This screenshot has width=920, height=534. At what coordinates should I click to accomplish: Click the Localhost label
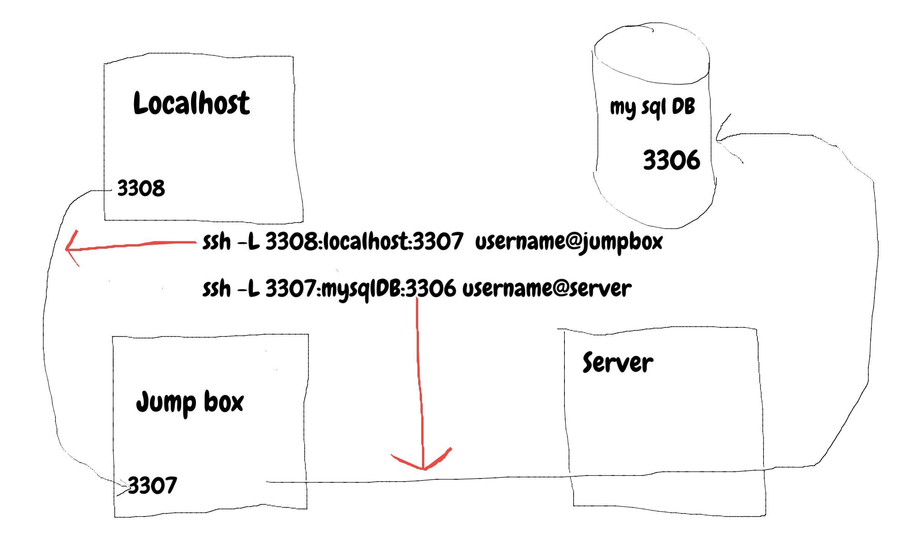click(x=191, y=103)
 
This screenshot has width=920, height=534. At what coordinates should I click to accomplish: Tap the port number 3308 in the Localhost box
click(x=141, y=188)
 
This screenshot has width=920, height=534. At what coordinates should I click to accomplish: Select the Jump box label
click(x=190, y=403)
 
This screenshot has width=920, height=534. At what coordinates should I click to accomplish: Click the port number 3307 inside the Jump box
click(x=152, y=485)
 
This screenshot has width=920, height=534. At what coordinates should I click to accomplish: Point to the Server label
click(x=618, y=363)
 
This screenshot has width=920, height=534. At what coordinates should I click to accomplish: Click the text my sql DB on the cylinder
click(x=652, y=107)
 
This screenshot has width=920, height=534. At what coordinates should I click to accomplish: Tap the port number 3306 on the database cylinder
click(x=671, y=160)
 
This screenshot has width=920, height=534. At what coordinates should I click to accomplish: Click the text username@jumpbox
click(x=569, y=242)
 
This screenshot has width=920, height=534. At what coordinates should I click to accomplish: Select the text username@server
click(x=547, y=289)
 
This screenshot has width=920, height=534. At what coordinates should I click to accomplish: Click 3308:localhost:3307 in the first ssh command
click(x=364, y=242)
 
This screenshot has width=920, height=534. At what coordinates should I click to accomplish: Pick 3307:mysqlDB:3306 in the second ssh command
click(x=360, y=289)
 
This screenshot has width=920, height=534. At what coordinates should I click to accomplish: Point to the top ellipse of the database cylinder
click(x=652, y=53)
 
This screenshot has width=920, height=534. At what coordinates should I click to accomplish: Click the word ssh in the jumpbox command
click(x=217, y=242)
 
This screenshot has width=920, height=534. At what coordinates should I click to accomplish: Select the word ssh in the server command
click(x=217, y=289)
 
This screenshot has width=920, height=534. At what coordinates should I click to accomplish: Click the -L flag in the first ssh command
click(x=248, y=242)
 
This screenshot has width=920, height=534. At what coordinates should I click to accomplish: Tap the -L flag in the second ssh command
click(x=248, y=289)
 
